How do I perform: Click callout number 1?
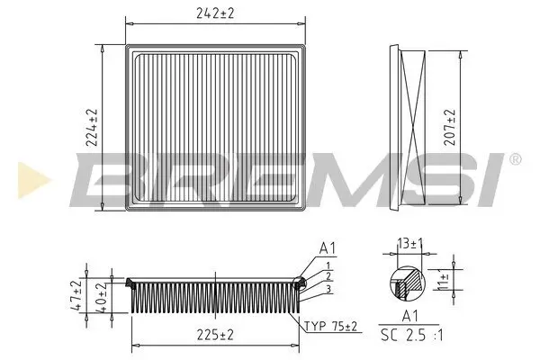329,265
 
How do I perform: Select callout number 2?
329,276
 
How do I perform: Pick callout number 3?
329,289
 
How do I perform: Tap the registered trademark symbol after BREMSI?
515,158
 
